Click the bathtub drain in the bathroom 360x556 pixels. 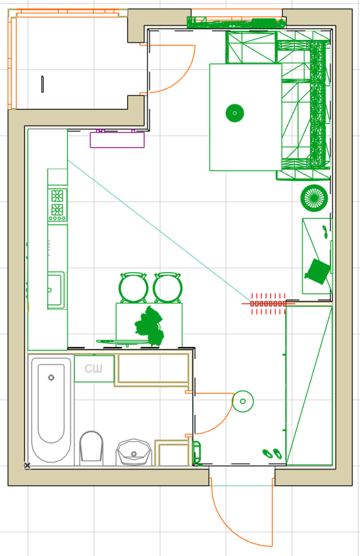pyautogui.click(x=51, y=378)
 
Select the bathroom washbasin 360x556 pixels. pyautogui.click(x=134, y=452)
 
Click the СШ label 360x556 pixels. pyautogui.click(x=93, y=369)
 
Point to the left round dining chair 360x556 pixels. pyautogui.click(x=134, y=287)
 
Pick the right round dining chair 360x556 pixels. pyautogui.click(x=168, y=287)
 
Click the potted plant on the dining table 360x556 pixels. pyautogui.click(x=149, y=326)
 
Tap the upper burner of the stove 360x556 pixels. pyautogui.click(x=57, y=196)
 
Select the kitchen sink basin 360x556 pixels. pyautogui.click(x=56, y=290)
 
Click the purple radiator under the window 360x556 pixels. pyautogui.click(x=117, y=139)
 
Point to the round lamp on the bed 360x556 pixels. pyautogui.click(x=235, y=113)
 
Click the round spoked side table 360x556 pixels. pyautogui.click(x=314, y=198)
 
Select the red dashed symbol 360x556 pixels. pyautogui.click(x=268, y=304)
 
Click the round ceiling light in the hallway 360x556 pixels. pyautogui.click(x=243, y=402)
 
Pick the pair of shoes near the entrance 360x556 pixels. pyautogui.click(x=272, y=453)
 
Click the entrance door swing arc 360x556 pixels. pyautogui.click(x=227, y=525)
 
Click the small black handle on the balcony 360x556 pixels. pyautogui.click(x=42, y=84)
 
